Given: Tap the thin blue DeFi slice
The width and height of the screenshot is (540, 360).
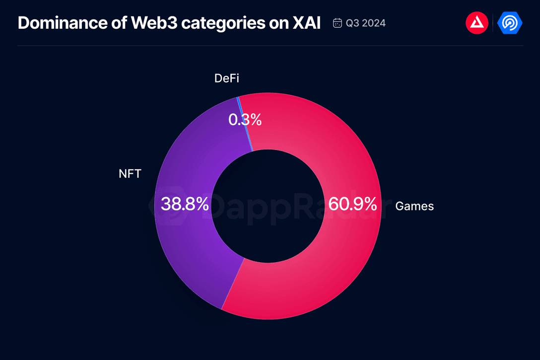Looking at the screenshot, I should point(246,124).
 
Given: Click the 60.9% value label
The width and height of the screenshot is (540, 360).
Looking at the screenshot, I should point(352,204).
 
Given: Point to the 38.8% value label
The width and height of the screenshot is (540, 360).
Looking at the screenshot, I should point(185,204).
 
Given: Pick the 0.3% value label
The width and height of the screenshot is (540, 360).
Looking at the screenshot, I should point(245,120).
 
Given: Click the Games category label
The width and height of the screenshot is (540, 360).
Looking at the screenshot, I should point(414,207).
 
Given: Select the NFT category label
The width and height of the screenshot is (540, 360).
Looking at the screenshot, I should point(130,174).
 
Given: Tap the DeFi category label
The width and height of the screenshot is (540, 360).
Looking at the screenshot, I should point(227,78).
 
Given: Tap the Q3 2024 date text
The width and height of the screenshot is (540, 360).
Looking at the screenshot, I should point(366,23).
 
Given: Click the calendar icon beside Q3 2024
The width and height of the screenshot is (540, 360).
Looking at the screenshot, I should point(337,23).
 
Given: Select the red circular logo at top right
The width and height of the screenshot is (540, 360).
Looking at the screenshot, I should point(477,23).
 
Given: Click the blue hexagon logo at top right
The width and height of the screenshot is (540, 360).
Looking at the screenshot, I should point(510,23).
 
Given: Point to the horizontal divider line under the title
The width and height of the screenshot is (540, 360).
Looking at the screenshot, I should point(270,46).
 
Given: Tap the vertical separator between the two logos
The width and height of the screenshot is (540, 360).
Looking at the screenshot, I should point(493,23).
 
